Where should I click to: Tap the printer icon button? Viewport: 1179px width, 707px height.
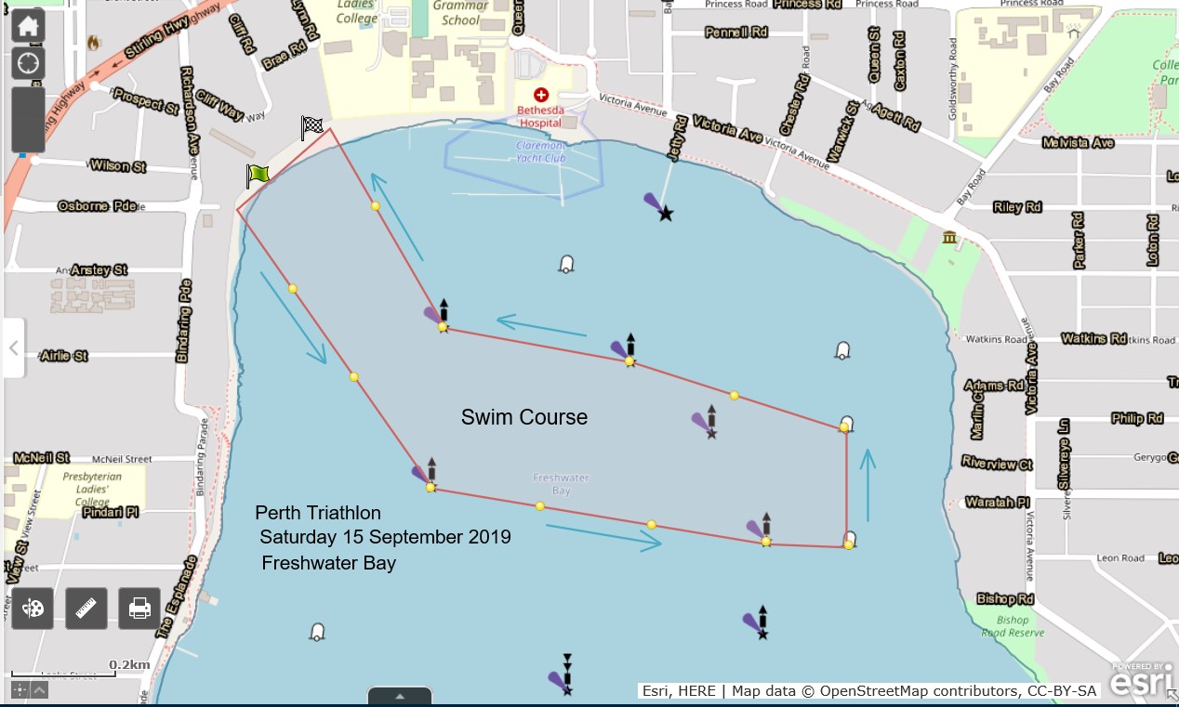pos(139,609)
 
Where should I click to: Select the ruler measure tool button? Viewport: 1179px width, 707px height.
pos(86,609)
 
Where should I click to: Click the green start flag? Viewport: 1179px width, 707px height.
pos(258,174)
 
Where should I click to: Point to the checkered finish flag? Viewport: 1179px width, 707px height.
pos(312,126)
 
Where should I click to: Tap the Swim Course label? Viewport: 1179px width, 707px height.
pos(524,418)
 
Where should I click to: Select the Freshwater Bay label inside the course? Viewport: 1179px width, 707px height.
pos(562,483)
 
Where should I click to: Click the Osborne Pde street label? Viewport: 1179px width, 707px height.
pos(97,205)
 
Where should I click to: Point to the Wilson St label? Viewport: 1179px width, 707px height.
pos(118,166)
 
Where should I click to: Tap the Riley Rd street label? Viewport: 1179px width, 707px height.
pos(1017,207)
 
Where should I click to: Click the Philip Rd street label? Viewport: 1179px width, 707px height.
pos(1137,419)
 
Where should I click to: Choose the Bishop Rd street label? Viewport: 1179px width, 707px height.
pos(1005,599)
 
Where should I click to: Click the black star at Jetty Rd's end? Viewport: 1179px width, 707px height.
pos(666,215)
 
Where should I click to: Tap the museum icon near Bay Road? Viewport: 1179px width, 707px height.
pos(949,238)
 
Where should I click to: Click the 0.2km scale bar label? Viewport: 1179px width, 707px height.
pos(129,664)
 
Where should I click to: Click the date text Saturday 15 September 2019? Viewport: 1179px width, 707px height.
pos(385,537)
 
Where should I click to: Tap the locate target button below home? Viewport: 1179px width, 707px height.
pos(28,64)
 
